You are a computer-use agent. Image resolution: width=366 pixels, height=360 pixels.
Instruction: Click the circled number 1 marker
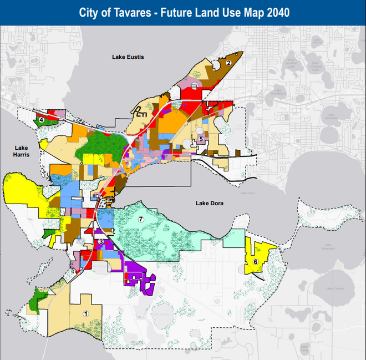tap(85, 313)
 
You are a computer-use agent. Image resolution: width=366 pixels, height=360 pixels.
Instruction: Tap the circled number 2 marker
tap(228, 63)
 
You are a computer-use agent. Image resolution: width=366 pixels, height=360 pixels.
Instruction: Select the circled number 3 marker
tap(100, 242)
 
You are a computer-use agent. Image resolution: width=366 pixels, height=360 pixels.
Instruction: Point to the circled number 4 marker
tap(42, 119)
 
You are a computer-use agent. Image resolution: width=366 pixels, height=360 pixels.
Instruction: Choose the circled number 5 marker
tap(201, 139)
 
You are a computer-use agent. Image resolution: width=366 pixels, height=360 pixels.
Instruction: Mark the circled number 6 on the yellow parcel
tap(255, 262)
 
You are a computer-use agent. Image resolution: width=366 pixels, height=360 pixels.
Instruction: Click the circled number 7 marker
tap(141, 220)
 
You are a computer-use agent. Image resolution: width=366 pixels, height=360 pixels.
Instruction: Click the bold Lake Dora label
tap(209, 204)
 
